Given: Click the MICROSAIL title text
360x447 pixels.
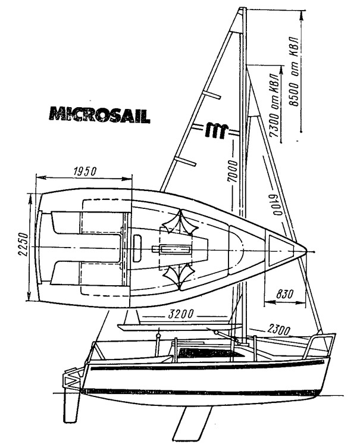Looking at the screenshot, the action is (x=99, y=115).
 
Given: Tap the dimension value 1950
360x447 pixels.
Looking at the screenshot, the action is (x=85, y=171).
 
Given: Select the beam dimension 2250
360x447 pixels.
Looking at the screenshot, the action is (x=24, y=245).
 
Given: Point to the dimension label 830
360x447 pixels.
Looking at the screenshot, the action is (x=284, y=294).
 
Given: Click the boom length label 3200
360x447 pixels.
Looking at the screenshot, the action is (x=181, y=314).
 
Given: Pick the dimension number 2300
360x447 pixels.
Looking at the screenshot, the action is (x=278, y=330).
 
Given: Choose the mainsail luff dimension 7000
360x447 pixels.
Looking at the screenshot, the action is (x=232, y=171).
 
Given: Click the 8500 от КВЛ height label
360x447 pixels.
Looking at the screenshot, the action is (x=293, y=71).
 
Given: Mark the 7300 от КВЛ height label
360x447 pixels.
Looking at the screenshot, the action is (x=274, y=105).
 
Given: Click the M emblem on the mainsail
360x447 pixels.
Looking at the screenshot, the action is (x=217, y=130).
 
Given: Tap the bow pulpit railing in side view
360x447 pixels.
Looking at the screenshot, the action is (x=319, y=346).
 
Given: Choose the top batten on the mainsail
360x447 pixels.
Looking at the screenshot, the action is (x=211, y=95).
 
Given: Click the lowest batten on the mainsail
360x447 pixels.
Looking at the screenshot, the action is (x=185, y=161).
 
